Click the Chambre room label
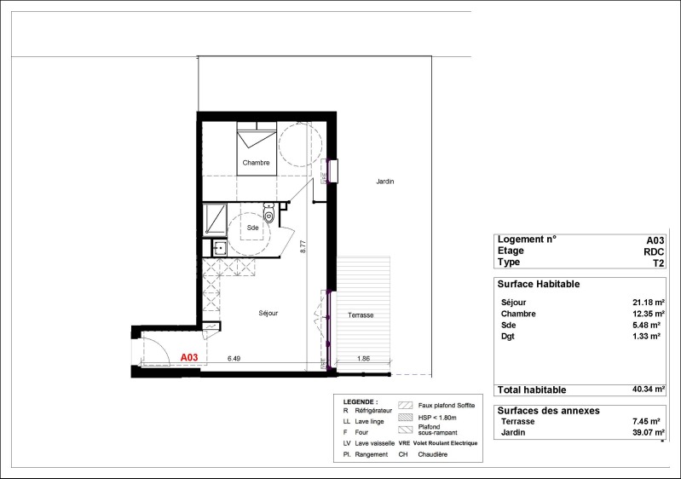(256, 163)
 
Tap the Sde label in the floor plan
(253, 228)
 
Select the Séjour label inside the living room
(268, 313)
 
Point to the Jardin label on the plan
(384, 182)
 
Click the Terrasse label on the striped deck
(361, 315)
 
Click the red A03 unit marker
(189, 357)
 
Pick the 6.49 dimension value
(234, 359)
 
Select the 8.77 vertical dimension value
(303, 246)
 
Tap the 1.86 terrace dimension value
(364, 359)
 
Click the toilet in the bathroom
(269, 213)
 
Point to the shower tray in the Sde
(215, 220)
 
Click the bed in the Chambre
(257, 148)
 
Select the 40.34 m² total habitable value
(649, 390)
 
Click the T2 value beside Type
(659, 263)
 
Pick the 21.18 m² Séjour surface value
(649, 303)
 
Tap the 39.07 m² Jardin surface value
(649, 432)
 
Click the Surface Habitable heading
(539, 284)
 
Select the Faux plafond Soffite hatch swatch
(405, 405)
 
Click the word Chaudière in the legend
(433, 454)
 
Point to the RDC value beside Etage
(654, 252)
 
